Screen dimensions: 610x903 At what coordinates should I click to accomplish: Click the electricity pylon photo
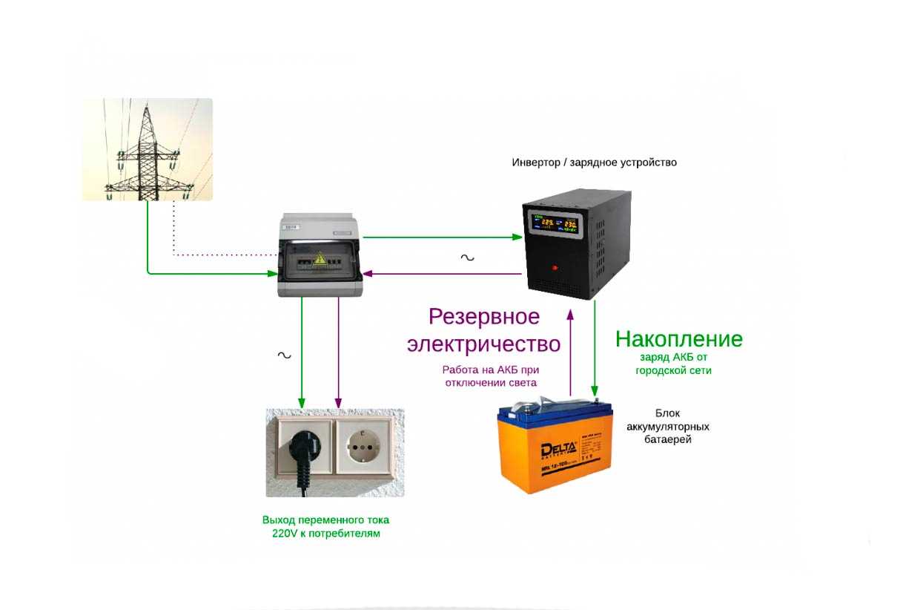[147, 149]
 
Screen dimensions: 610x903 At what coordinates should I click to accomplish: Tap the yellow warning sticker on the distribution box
[320, 259]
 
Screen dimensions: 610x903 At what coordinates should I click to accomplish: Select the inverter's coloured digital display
[555, 222]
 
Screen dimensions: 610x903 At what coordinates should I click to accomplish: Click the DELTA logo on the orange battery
[558, 450]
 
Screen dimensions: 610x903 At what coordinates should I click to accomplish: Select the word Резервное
[484, 318]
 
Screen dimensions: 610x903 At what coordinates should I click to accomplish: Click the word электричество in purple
[483, 344]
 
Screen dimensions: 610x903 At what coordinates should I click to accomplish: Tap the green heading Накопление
[678, 339]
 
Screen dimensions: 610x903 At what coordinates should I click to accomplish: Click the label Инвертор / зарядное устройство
[594, 162]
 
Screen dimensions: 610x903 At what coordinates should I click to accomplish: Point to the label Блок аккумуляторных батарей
[667, 427]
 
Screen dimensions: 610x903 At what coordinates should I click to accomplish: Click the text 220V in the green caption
[285, 534]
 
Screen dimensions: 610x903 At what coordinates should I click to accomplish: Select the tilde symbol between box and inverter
[467, 258]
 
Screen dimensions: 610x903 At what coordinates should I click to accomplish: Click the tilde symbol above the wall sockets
[284, 355]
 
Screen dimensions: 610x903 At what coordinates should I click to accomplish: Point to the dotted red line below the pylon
[222, 254]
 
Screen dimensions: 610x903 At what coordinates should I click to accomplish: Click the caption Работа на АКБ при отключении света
[490, 376]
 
